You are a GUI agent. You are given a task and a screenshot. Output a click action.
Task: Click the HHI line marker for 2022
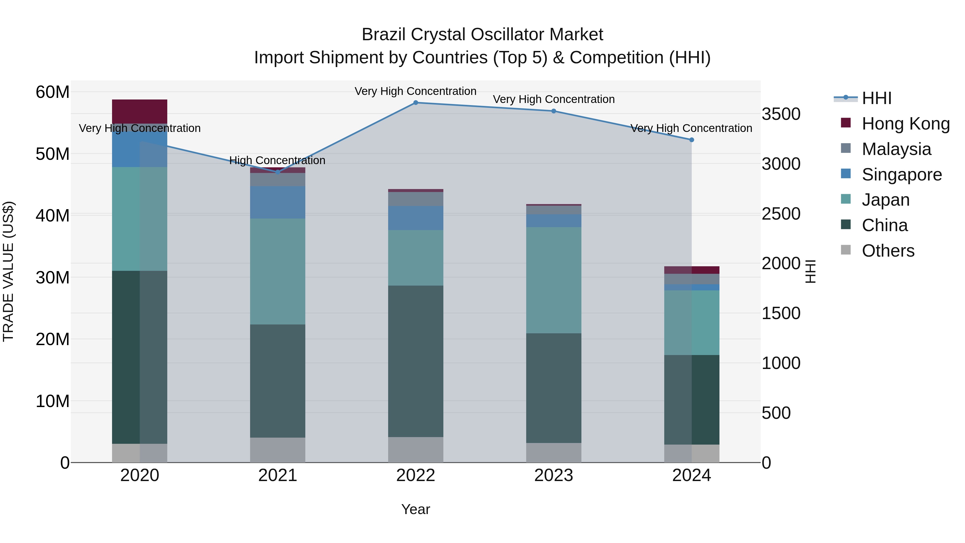(x=415, y=103)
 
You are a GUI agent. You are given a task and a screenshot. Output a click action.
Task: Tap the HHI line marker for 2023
(x=554, y=111)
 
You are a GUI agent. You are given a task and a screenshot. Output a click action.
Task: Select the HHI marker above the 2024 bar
(x=692, y=140)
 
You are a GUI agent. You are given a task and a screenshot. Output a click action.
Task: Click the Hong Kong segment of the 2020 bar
(x=139, y=111)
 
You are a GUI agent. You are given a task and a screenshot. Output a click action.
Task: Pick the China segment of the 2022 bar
(x=415, y=361)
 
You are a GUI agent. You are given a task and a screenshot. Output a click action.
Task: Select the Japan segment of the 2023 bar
(x=554, y=280)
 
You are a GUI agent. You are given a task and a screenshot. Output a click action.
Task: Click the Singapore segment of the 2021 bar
(x=278, y=202)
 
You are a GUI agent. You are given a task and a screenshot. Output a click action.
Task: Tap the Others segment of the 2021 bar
(x=278, y=450)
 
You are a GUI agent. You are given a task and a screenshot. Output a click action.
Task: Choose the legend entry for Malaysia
(x=896, y=149)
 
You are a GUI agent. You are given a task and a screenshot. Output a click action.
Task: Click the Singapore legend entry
(x=901, y=175)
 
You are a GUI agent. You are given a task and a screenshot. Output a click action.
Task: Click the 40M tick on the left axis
(x=53, y=216)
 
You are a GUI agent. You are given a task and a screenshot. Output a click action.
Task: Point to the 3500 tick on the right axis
(x=781, y=114)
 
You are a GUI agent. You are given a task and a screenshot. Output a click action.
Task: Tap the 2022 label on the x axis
(x=415, y=475)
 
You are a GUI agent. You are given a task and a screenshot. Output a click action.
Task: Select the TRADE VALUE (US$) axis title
(x=9, y=271)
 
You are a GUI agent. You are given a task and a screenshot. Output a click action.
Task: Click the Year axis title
(x=415, y=509)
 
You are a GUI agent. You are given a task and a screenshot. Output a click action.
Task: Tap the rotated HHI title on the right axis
(x=810, y=271)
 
